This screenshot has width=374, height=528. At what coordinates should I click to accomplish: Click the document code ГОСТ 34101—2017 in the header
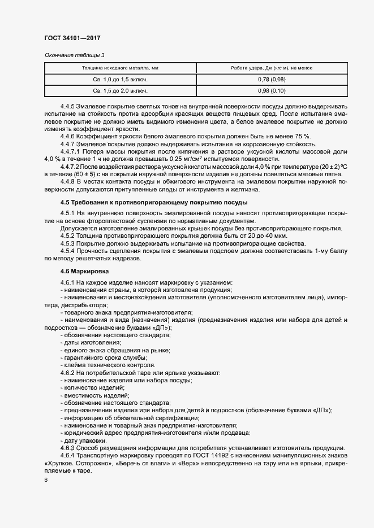tap(72, 38)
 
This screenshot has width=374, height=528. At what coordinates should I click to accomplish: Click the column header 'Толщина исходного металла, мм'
tap(120, 68)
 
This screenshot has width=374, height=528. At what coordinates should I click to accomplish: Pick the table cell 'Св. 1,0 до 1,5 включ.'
tap(120, 80)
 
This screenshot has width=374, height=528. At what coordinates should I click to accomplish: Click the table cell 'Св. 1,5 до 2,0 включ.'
tap(120, 90)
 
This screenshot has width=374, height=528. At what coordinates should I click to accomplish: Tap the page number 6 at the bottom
tap(46, 480)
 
